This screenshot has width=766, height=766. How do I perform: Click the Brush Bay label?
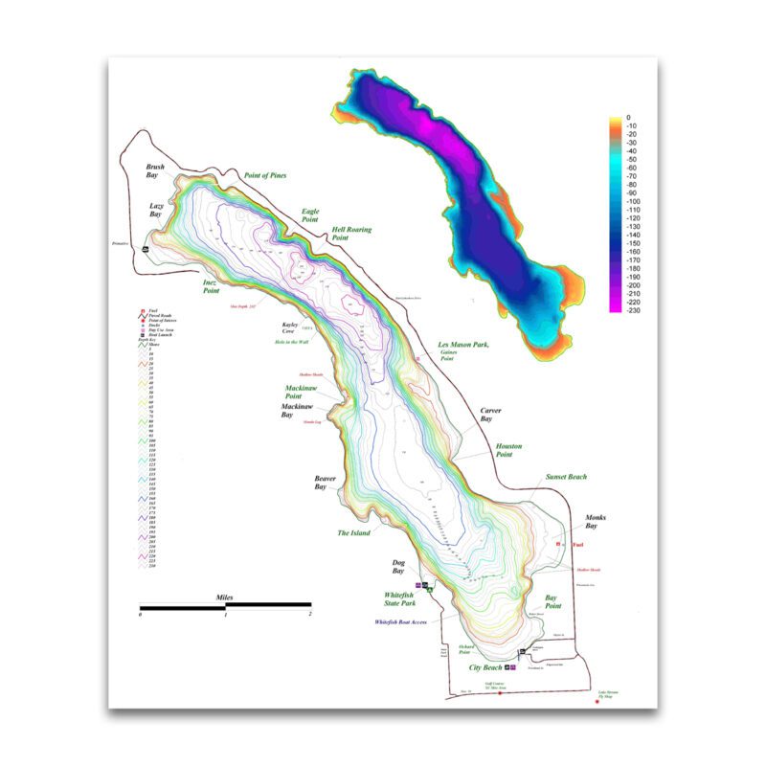point(155,171)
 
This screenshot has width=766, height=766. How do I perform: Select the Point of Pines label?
point(265,175)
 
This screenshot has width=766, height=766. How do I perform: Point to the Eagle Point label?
point(310,215)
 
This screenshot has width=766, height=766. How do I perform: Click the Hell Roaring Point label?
point(351,235)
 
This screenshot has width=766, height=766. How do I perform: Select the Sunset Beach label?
point(565,476)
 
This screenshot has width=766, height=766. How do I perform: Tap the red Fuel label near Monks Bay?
point(577,545)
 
